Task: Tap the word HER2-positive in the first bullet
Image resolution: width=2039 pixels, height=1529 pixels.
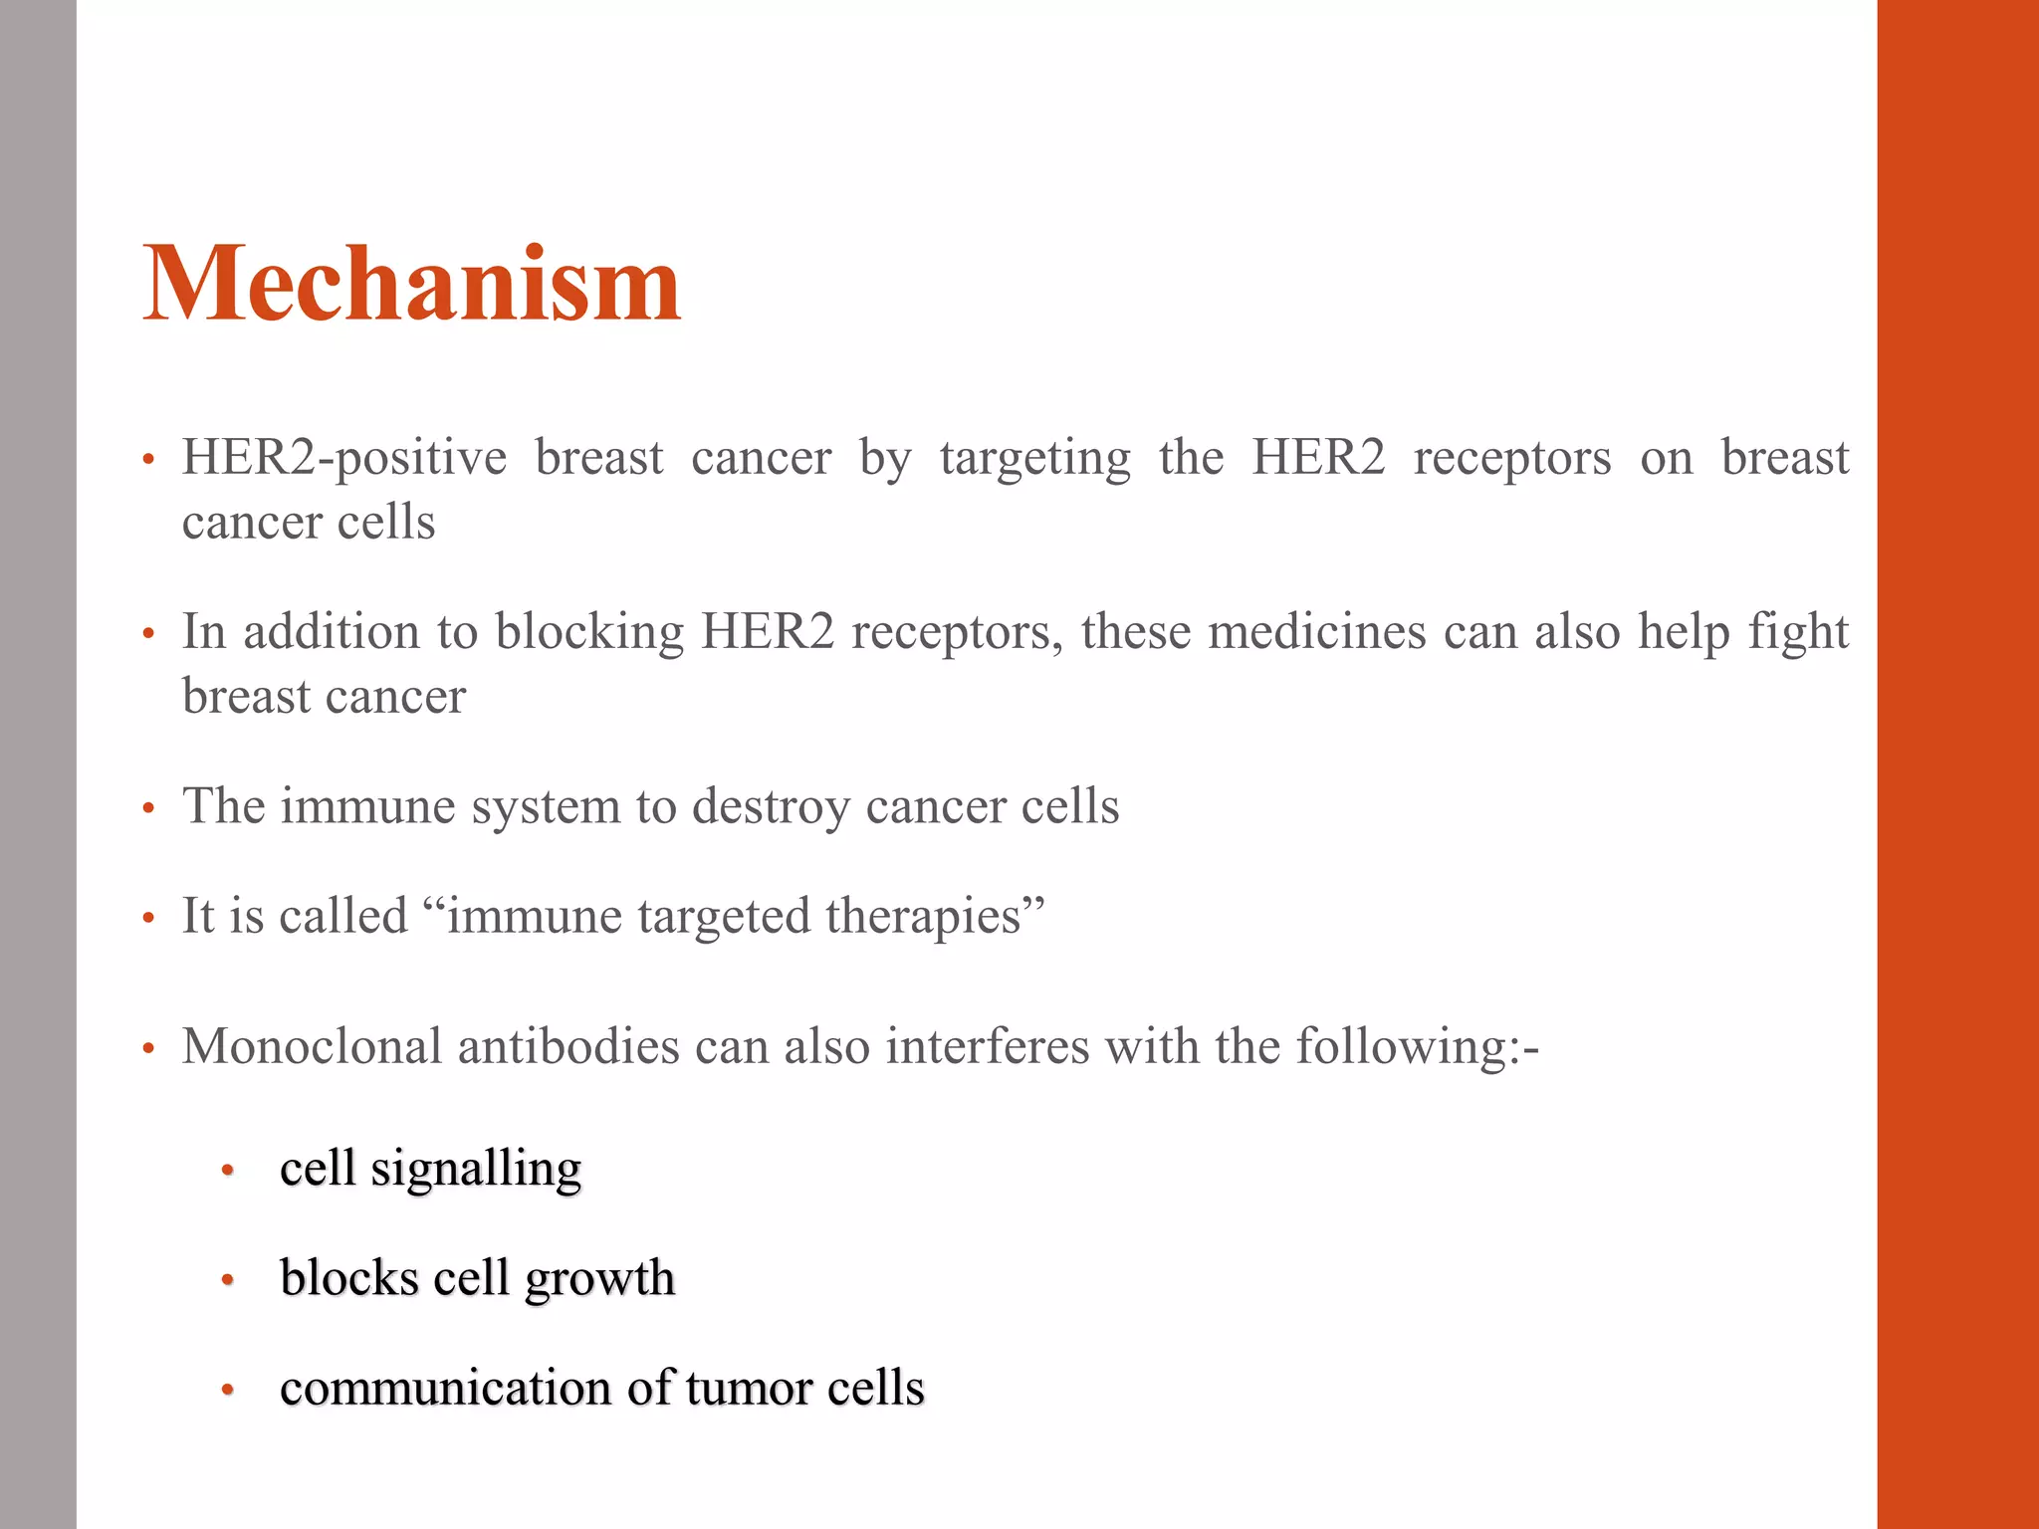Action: [344, 459]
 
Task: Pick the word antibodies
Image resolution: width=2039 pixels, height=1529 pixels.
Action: [567, 1047]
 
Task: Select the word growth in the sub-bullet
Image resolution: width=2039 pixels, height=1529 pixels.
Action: [599, 1280]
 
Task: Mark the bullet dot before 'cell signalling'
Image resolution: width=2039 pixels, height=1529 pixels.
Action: [228, 1171]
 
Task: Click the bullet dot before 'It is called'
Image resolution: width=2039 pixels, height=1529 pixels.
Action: [148, 918]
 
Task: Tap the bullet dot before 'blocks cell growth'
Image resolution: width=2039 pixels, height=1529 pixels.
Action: [228, 1280]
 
